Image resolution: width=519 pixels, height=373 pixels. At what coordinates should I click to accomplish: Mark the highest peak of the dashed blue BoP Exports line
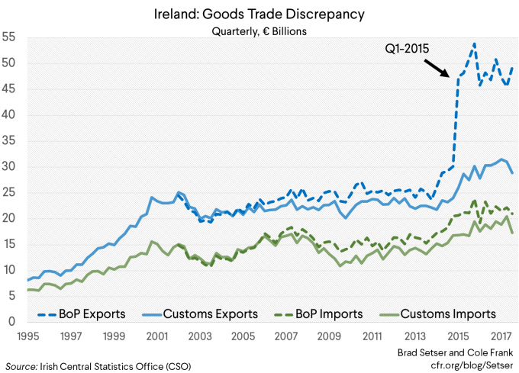pos(474,44)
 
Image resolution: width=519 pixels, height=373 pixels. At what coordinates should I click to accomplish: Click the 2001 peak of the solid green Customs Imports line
pos(152,241)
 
